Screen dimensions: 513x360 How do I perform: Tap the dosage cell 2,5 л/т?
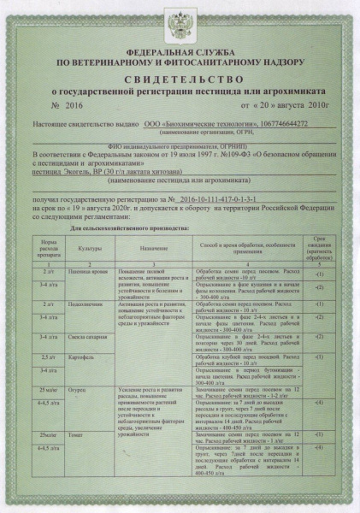48,357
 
